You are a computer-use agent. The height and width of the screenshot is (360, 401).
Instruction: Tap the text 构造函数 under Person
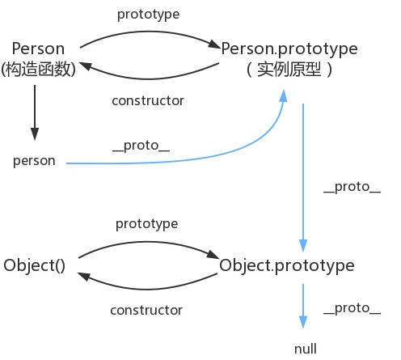coord(39,70)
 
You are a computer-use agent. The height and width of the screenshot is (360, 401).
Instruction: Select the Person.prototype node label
coord(289,49)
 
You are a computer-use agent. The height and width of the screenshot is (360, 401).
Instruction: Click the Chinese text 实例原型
coord(289,70)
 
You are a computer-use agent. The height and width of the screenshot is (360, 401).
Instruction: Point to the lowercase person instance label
coord(34,160)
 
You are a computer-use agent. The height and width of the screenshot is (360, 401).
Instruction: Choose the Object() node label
coord(34,265)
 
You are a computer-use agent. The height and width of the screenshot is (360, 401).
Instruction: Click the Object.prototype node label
coord(286,265)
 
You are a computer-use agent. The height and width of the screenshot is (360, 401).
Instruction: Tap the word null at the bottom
coord(306,349)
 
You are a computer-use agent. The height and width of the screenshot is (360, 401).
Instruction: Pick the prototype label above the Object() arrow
coord(146,222)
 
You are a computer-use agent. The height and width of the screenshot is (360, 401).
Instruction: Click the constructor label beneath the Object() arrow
coord(146,310)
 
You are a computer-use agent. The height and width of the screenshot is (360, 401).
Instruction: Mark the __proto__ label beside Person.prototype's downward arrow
coord(352,187)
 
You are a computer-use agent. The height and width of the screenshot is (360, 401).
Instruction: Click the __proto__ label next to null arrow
coord(352,308)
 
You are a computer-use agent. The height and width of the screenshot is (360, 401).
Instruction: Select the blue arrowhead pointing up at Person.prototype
coord(284,96)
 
